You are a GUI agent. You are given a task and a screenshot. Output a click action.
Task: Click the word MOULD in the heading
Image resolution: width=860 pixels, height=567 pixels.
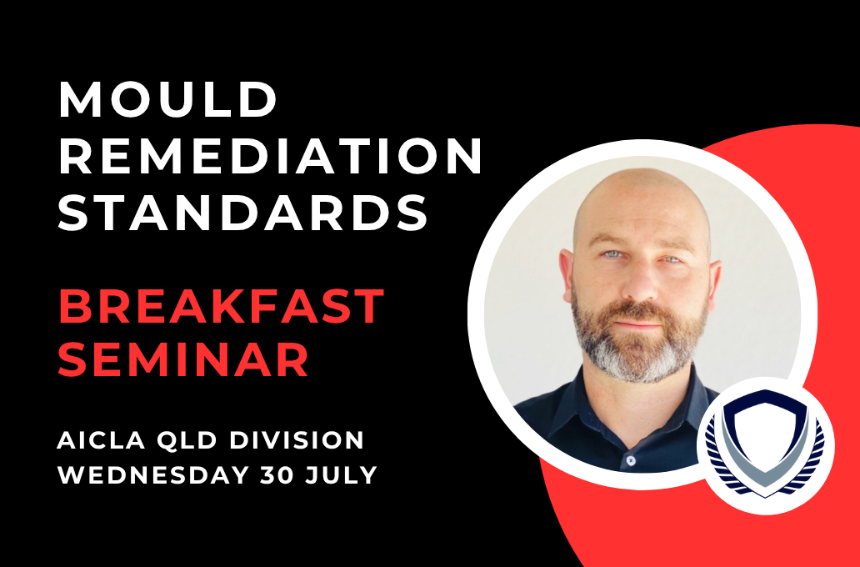coord(167,100)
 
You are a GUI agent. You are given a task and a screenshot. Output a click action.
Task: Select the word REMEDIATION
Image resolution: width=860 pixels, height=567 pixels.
coord(270,156)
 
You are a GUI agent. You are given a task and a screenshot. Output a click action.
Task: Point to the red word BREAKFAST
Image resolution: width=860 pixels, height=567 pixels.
coord(221,306)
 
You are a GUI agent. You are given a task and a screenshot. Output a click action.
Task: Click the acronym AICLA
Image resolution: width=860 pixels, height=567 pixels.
coord(93,440)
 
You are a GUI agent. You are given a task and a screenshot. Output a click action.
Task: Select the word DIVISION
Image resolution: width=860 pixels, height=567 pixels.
coord(297,440)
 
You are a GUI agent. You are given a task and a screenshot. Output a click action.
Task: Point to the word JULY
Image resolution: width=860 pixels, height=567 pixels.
coord(342,474)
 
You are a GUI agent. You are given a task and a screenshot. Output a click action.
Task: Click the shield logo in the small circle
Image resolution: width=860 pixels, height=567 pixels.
coord(765,445)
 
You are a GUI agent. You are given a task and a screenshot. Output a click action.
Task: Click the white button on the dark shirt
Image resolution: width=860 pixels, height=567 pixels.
coord(630,460)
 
